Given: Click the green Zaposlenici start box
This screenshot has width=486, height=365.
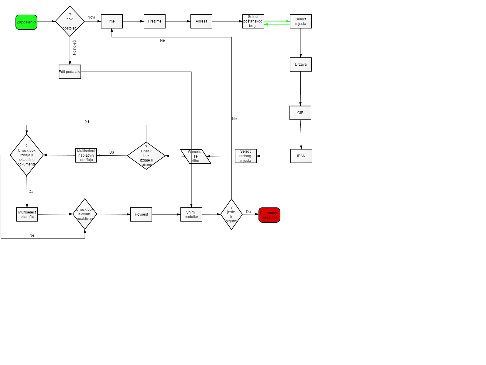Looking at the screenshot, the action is pos(26,22).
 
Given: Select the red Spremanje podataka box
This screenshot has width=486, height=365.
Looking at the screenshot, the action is pos(269,215).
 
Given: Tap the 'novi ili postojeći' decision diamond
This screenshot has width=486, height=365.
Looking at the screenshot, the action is pos(70,21).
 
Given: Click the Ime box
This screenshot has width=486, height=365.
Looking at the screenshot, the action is pos(111,21).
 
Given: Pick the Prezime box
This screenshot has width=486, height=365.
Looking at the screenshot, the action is pos(155,21).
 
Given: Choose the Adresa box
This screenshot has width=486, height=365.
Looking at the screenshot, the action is pos(201,21).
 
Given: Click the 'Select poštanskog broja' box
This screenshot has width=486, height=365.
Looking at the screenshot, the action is pos(253,21).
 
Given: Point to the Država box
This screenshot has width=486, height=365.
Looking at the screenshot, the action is pos(300,64).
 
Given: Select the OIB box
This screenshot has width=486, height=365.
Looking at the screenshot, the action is pos(300,113).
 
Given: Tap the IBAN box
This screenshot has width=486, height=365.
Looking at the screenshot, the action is pos(301,156).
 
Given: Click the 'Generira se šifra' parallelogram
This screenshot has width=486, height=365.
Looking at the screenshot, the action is pos(196,156).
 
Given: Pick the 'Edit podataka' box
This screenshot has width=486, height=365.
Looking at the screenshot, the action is pos(70,72).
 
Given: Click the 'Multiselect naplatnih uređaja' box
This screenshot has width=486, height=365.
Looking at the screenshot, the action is pos(86,155).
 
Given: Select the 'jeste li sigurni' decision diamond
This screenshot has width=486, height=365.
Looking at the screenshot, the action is pos(231,214).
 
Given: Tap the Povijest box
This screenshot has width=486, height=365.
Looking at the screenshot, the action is pos(141,214).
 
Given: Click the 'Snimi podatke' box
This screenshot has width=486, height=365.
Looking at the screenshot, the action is pos(191,214).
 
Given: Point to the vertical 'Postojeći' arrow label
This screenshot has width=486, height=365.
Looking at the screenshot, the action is pos(74,47).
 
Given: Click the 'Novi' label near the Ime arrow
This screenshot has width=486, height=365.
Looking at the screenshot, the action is pos(91,17).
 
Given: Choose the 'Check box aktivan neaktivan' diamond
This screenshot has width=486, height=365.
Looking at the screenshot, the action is pos(85,214).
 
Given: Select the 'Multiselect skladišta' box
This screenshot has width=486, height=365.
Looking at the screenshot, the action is pos(27,214).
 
